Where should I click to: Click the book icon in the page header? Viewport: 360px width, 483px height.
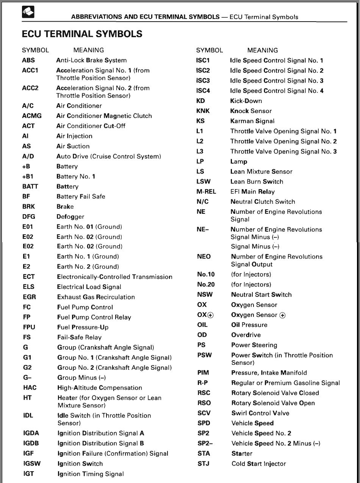click(x=28, y=13)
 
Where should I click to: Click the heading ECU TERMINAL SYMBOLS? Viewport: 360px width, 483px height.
click(x=82, y=34)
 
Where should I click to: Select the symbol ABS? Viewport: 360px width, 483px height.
click(x=28, y=60)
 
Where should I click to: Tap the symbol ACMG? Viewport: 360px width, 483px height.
click(x=32, y=116)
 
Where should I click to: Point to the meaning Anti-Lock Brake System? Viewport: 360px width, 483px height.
click(x=91, y=60)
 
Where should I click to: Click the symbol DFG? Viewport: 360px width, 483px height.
click(x=29, y=217)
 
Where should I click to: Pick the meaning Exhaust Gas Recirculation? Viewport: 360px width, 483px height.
click(x=96, y=297)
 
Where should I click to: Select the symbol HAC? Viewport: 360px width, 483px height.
click(x=30, y=388)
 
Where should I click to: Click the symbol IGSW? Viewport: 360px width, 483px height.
click(x=32, y=464)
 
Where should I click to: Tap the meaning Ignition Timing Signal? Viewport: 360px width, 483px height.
click(x=91, y=474)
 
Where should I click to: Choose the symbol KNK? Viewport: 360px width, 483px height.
click(x=203, y=111)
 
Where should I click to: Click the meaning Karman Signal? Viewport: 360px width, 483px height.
click(x=252, y=121)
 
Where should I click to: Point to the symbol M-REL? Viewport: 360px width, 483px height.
click(x=206, y=192)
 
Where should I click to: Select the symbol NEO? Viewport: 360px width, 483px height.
click(x=204, y=257)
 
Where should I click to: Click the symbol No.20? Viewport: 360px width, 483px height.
click(x=206, y=285)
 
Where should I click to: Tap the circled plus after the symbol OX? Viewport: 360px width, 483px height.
click(x=211, y=315)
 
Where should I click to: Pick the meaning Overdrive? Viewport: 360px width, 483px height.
click(x=246, y=335)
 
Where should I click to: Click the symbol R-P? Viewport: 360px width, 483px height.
click(x=203, y=383)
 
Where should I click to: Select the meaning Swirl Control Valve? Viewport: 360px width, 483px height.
click(x=260, y=413)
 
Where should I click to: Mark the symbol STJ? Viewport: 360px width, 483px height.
click(x=203, y=464)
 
